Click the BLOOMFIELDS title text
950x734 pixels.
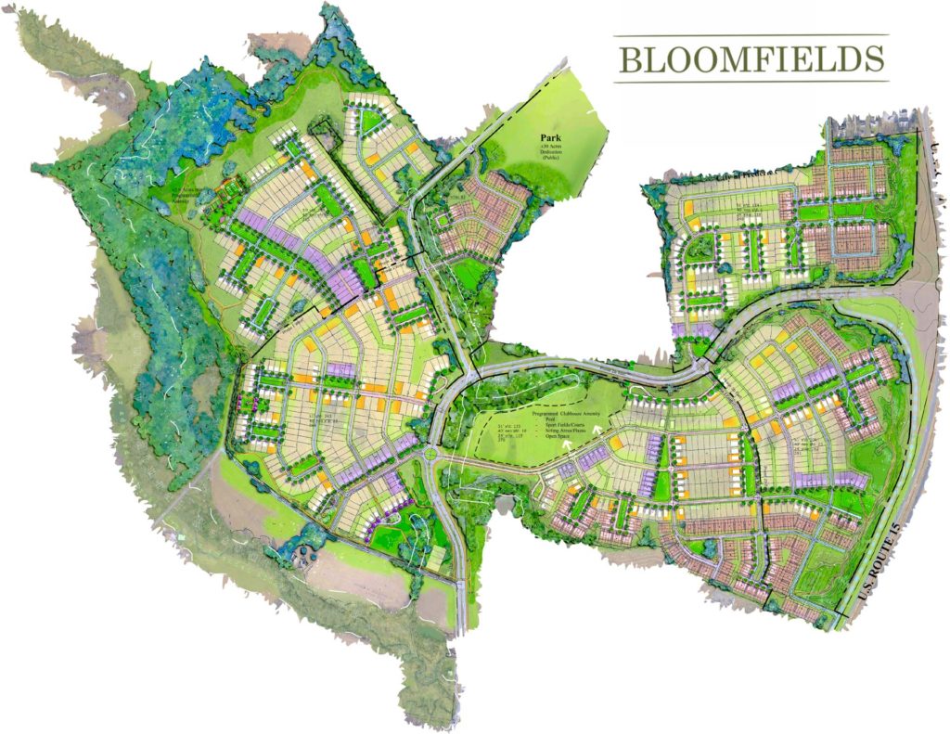point(751,58)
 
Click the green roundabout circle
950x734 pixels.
point(433,456)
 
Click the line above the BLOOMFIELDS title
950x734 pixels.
point(751,36)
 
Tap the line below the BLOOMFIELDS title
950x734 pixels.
point(751,82)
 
